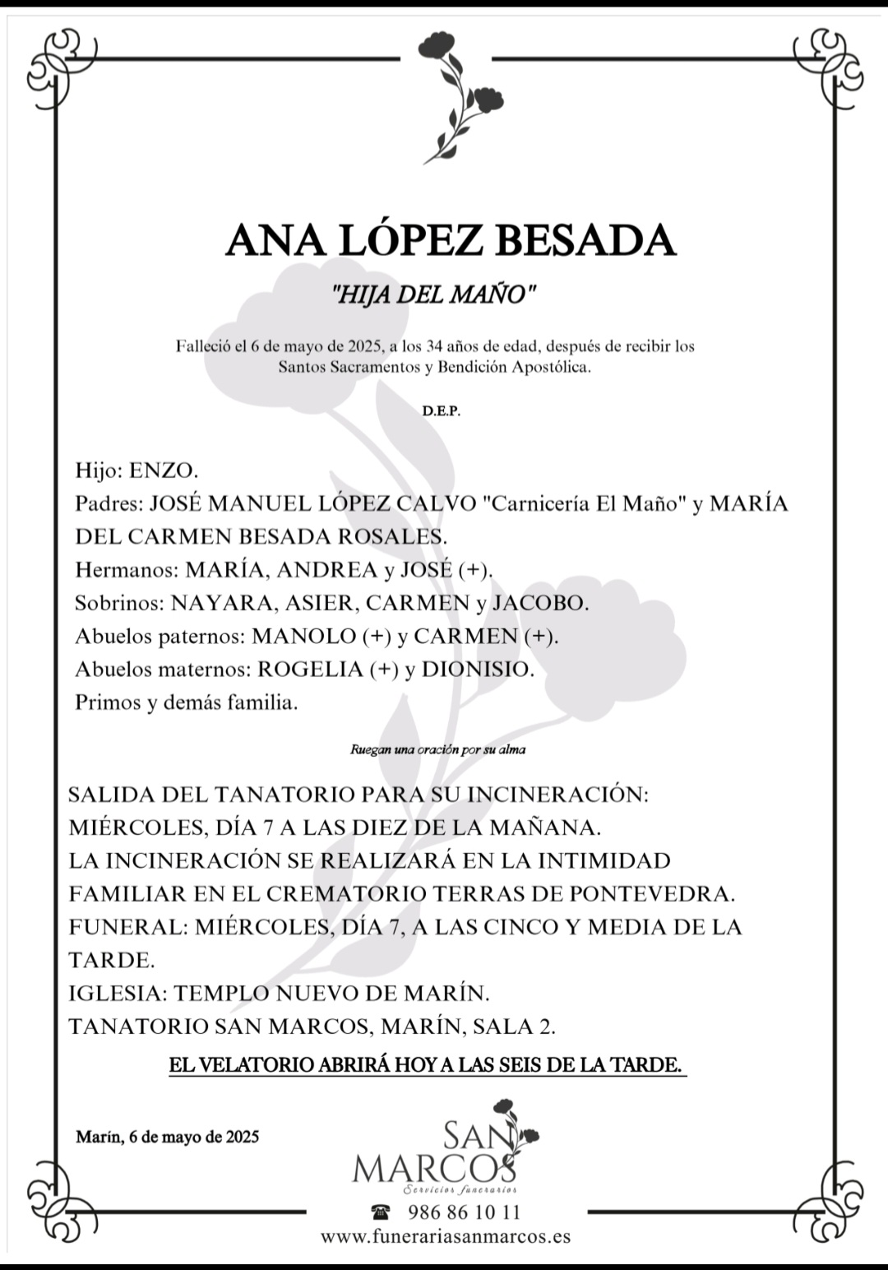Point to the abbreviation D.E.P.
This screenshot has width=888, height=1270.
[442, 411]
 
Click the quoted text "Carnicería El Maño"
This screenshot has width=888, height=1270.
[588, 503]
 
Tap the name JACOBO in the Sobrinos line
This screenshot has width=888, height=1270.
[539, 603]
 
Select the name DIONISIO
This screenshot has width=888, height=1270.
[476, 670]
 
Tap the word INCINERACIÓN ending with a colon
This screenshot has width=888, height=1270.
[557, 795]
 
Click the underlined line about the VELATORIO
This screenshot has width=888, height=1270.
[426, 1065]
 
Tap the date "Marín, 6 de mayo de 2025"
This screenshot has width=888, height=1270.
[167, 1137]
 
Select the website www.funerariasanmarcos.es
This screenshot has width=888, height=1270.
[445, 1236]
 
